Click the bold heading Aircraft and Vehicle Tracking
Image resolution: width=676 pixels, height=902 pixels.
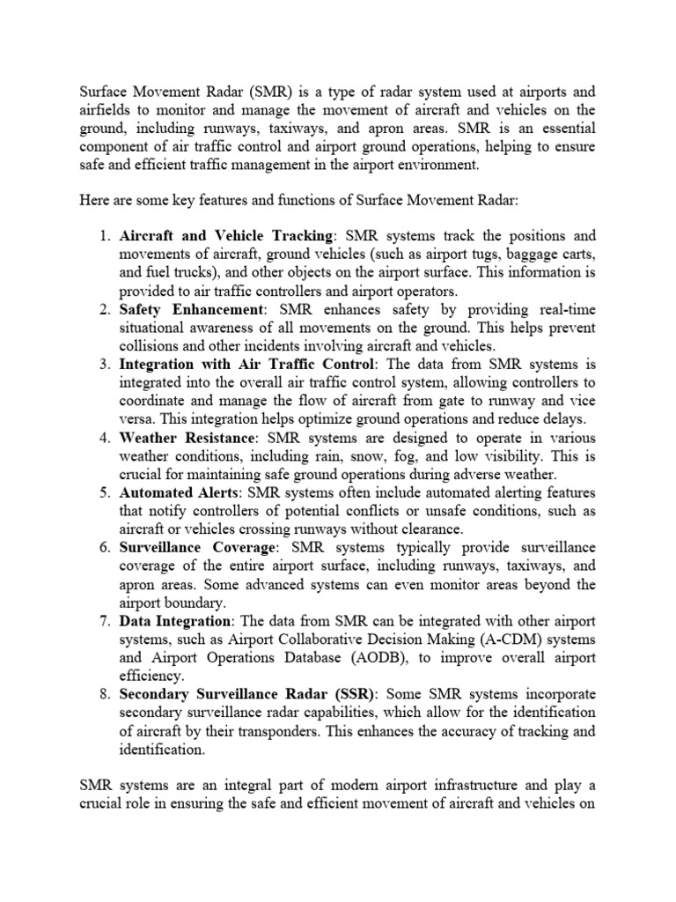coord(226,236)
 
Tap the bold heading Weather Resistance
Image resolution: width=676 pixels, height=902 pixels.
coord(187,438)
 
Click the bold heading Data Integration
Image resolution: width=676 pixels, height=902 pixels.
coord(173,622)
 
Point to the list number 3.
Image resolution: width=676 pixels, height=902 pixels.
coord(104,365)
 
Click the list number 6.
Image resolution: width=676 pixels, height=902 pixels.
coord(104,548)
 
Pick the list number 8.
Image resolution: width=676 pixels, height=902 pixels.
coord(104,695)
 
